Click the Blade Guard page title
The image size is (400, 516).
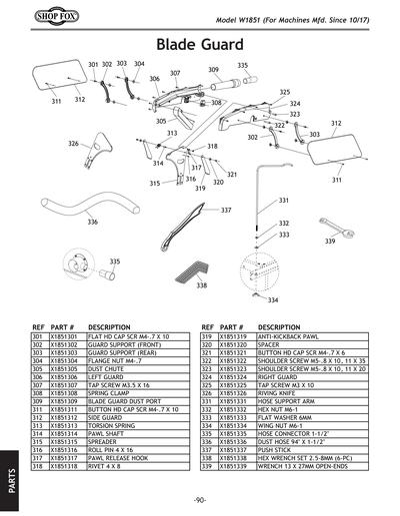tap(200, 44)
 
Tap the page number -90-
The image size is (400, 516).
tap(200, 499)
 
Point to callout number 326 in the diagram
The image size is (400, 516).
tap(73, 144)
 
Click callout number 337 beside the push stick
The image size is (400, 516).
tap(226, 211)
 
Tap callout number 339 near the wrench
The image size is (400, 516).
tap(330, 242)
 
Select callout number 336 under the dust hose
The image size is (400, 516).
tap(92, 222)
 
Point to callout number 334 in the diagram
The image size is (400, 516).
tap(272, 299)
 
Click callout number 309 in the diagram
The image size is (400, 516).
tap(213, 70)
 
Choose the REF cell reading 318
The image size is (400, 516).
tap(39, 465)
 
